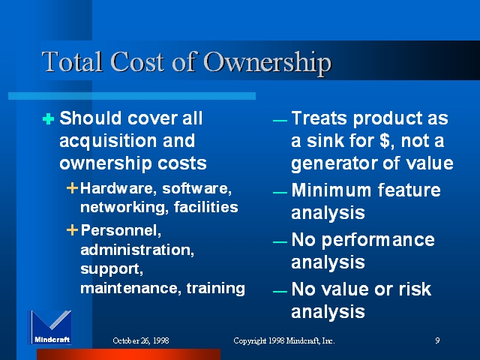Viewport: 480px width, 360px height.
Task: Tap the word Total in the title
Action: point(72,62)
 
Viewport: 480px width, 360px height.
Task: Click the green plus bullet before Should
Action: point(48,118)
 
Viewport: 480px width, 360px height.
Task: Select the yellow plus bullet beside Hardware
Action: point(72,188)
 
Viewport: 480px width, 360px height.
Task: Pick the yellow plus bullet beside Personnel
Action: point(72,230)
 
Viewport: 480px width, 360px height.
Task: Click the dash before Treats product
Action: point(280,121)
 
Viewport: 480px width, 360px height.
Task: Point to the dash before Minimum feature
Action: point(280,193)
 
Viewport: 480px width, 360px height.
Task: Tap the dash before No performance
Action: point(280,242)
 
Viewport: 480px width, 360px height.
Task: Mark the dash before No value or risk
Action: point(280,292)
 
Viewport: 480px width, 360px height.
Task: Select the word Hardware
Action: point(118,188)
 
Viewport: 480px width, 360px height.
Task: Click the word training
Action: point(215,289)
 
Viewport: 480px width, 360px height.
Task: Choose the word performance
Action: point(378,241)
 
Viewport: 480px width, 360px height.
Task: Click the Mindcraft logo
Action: point(50,328)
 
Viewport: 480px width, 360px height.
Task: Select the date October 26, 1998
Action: point(141,340)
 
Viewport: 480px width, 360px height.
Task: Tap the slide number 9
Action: point(437,340)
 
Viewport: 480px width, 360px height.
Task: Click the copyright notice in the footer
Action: point(284,340)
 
